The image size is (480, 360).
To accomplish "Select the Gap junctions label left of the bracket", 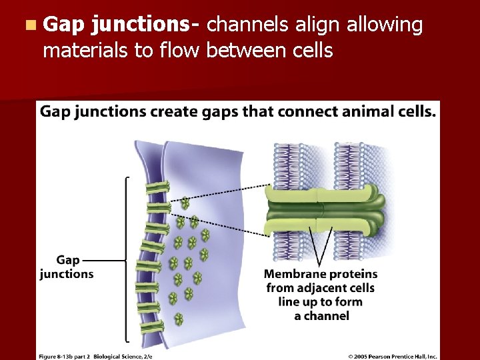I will coord(67,267).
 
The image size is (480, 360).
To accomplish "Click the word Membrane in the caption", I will coord(292,274).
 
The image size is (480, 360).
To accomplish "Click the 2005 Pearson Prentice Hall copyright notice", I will coord(393,356).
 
